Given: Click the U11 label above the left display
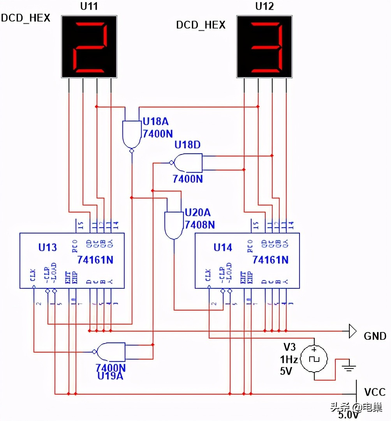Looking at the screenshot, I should [89, 6].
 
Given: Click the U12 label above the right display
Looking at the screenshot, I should [265, 6].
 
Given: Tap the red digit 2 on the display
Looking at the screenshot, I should [89, 47].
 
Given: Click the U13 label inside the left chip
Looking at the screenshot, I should [48, 247].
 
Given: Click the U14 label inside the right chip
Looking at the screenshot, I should [223, 247].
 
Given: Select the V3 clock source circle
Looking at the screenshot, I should [315, 359].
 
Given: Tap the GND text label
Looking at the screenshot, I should [375, 336].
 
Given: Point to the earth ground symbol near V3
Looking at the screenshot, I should [348, 366].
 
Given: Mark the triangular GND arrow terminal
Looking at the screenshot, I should [352, 332].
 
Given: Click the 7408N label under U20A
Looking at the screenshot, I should [200, 225].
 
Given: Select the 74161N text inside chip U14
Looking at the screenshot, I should [271, 260].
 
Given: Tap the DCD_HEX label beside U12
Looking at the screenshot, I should [201, 25].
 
